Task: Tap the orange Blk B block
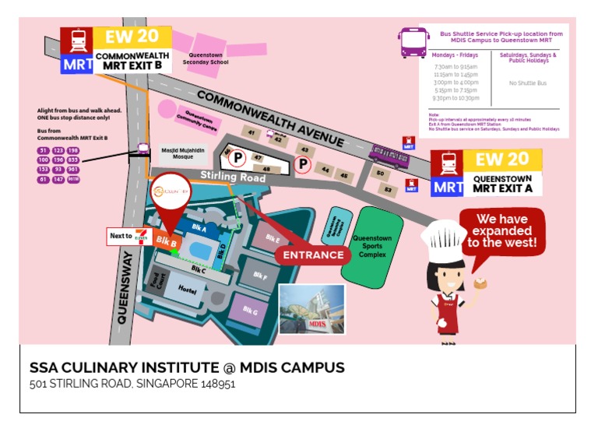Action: (166, 242)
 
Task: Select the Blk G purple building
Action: (249, 311)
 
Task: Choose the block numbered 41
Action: (251, 133)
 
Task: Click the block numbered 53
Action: (387, 189)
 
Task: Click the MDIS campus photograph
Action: (311, 310)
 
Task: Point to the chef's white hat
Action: (443, 237)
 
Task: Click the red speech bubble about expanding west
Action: (501, 230)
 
